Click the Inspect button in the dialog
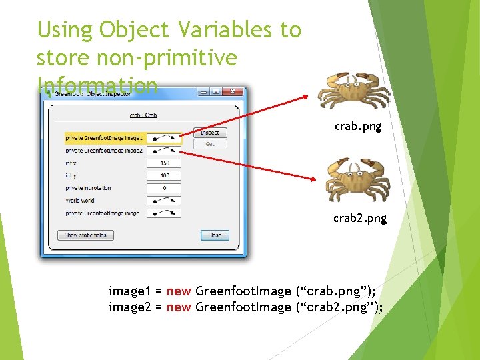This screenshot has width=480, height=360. pos(210,132)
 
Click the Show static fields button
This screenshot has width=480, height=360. pos(85,235)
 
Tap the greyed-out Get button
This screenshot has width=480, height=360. pos(210,144)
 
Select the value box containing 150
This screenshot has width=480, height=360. pos(164,163)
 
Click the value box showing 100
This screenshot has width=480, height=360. pos(164,175)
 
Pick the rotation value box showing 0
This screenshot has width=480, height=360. pos(164,188)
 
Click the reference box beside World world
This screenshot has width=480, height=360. pos(164,200)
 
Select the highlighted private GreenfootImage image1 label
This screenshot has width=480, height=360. pos(104,138)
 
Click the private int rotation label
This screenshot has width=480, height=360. pos(88,188)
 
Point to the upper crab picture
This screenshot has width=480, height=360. pos(353,90)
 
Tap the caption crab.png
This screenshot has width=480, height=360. pos(358,126)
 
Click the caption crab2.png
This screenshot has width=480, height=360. pos(360,218)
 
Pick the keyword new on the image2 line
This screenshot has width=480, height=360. pos(179,307)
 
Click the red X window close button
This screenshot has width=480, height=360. pos(233,93)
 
